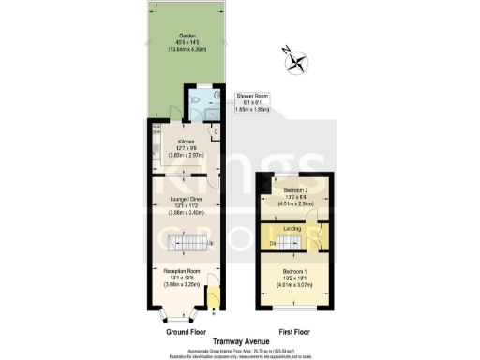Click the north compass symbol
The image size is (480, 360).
pos(298,63)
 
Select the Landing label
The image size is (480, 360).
pos(294,227)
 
